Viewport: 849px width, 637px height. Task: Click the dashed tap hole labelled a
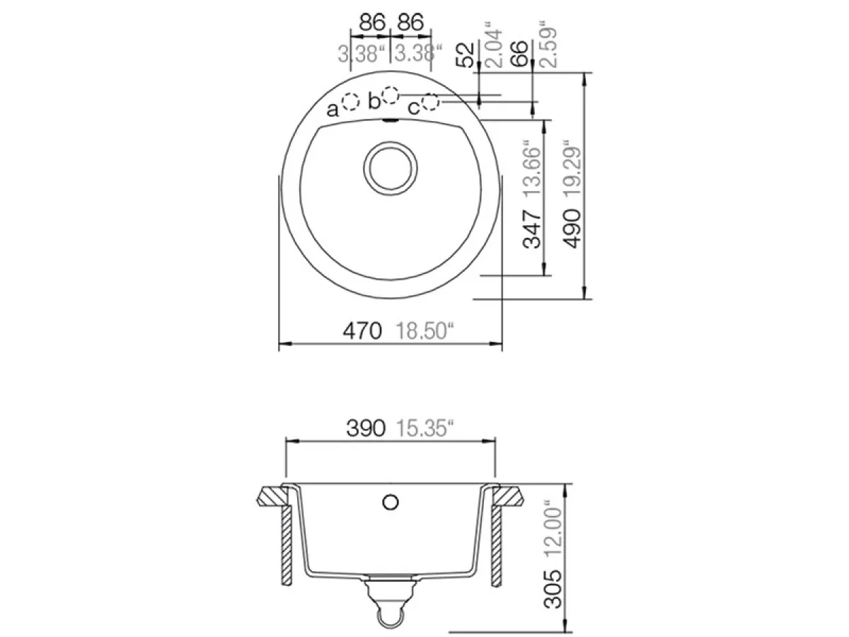tap(351, 103)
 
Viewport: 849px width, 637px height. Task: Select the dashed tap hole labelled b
tap(390, 95)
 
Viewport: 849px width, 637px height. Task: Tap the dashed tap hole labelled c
tap(430, 102)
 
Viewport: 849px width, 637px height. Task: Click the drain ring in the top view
tap(391, 168)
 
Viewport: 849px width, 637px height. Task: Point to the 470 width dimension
tap(362, 331)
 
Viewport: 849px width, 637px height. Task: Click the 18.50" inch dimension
tap(424, 331)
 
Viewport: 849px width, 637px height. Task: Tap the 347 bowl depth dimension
tap(531, 229)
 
